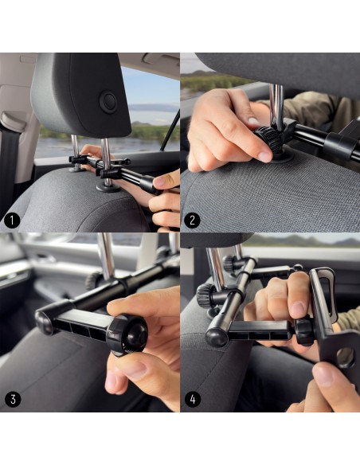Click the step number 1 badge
(x=12, y=221)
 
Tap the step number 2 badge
(x=192, y=221)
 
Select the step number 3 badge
(x=13, y=399)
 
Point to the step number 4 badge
(x=193, y=399)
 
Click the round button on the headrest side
(x=108, y=102)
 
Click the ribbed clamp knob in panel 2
(x=268, y=139)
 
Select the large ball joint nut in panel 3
(x=127, y=335)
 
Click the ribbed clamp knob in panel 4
(x=207, y=295)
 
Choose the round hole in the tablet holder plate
(x=346, y=358)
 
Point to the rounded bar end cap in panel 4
(x=217, y=338)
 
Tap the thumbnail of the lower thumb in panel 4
(x=323, y=375)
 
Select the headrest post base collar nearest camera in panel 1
(x=108, y=187)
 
